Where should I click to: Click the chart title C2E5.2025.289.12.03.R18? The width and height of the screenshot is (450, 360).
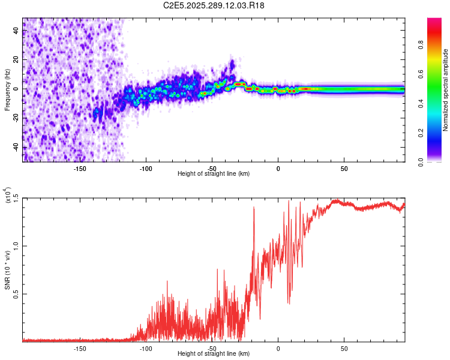(214, 5)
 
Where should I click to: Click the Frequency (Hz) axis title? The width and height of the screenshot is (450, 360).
(7, 89)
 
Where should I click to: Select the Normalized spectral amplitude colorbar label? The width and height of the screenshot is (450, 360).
(446, 91)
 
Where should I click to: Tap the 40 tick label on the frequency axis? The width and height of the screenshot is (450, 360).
(17, 31)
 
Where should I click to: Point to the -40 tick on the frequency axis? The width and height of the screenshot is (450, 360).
(17, 148)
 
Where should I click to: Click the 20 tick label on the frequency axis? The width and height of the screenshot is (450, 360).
(17, 60)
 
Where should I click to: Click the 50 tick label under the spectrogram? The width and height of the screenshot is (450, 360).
(344, 169)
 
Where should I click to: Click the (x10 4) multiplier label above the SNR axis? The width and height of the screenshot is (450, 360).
(8, 196)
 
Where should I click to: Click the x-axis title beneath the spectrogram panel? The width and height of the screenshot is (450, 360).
(214, 174)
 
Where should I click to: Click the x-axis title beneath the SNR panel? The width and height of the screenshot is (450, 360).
(214, 354)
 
